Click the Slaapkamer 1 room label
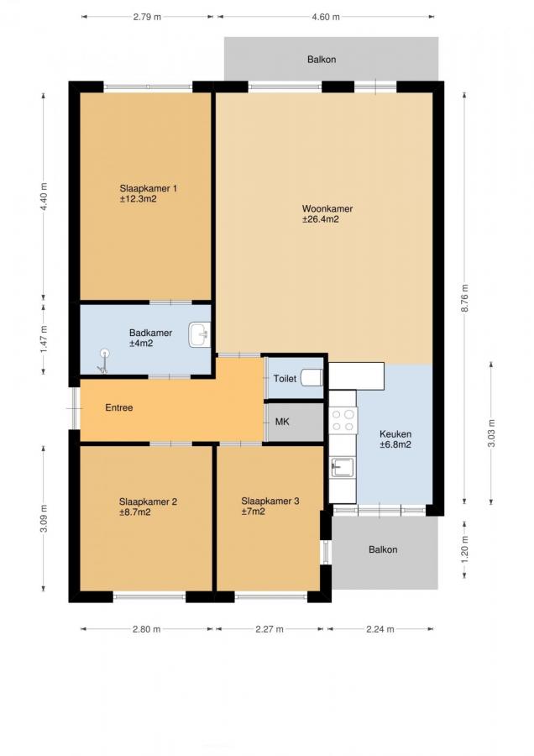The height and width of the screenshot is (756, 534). [x=148, y=193]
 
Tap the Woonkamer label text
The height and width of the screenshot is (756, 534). [x=327, y=209]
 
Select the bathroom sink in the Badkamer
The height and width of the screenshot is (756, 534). [x=200, y=334]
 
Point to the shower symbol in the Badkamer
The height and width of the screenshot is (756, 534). [x=103, y=360]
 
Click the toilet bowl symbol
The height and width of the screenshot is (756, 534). [x=311, y=377]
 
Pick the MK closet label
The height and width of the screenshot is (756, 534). [x=282, y=422]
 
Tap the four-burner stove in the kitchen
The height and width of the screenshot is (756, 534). [x=343, y=420]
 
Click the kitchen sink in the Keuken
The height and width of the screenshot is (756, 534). [x=343, y=467]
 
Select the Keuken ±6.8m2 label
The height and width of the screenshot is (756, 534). [x=395, y=438]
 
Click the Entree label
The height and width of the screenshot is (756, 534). [x=119, y=407]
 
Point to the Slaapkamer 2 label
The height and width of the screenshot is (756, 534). [x=148, y=507]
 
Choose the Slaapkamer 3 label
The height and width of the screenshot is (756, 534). [x=270, y=507]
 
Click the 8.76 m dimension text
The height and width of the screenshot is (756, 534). [x=465, y=298]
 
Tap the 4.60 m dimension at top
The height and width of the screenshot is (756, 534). [x=326, y=17]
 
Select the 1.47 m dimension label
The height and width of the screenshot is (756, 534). [x=44, y=339]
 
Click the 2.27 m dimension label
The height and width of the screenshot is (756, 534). [x=270, y=628]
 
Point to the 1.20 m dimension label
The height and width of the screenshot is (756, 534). [x=465, y=549]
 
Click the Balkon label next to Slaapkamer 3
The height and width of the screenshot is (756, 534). [x=383, y=549]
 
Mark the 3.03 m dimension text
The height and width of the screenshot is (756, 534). [x=491, y=433]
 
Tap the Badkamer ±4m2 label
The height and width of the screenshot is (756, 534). [x=150, y=338]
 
